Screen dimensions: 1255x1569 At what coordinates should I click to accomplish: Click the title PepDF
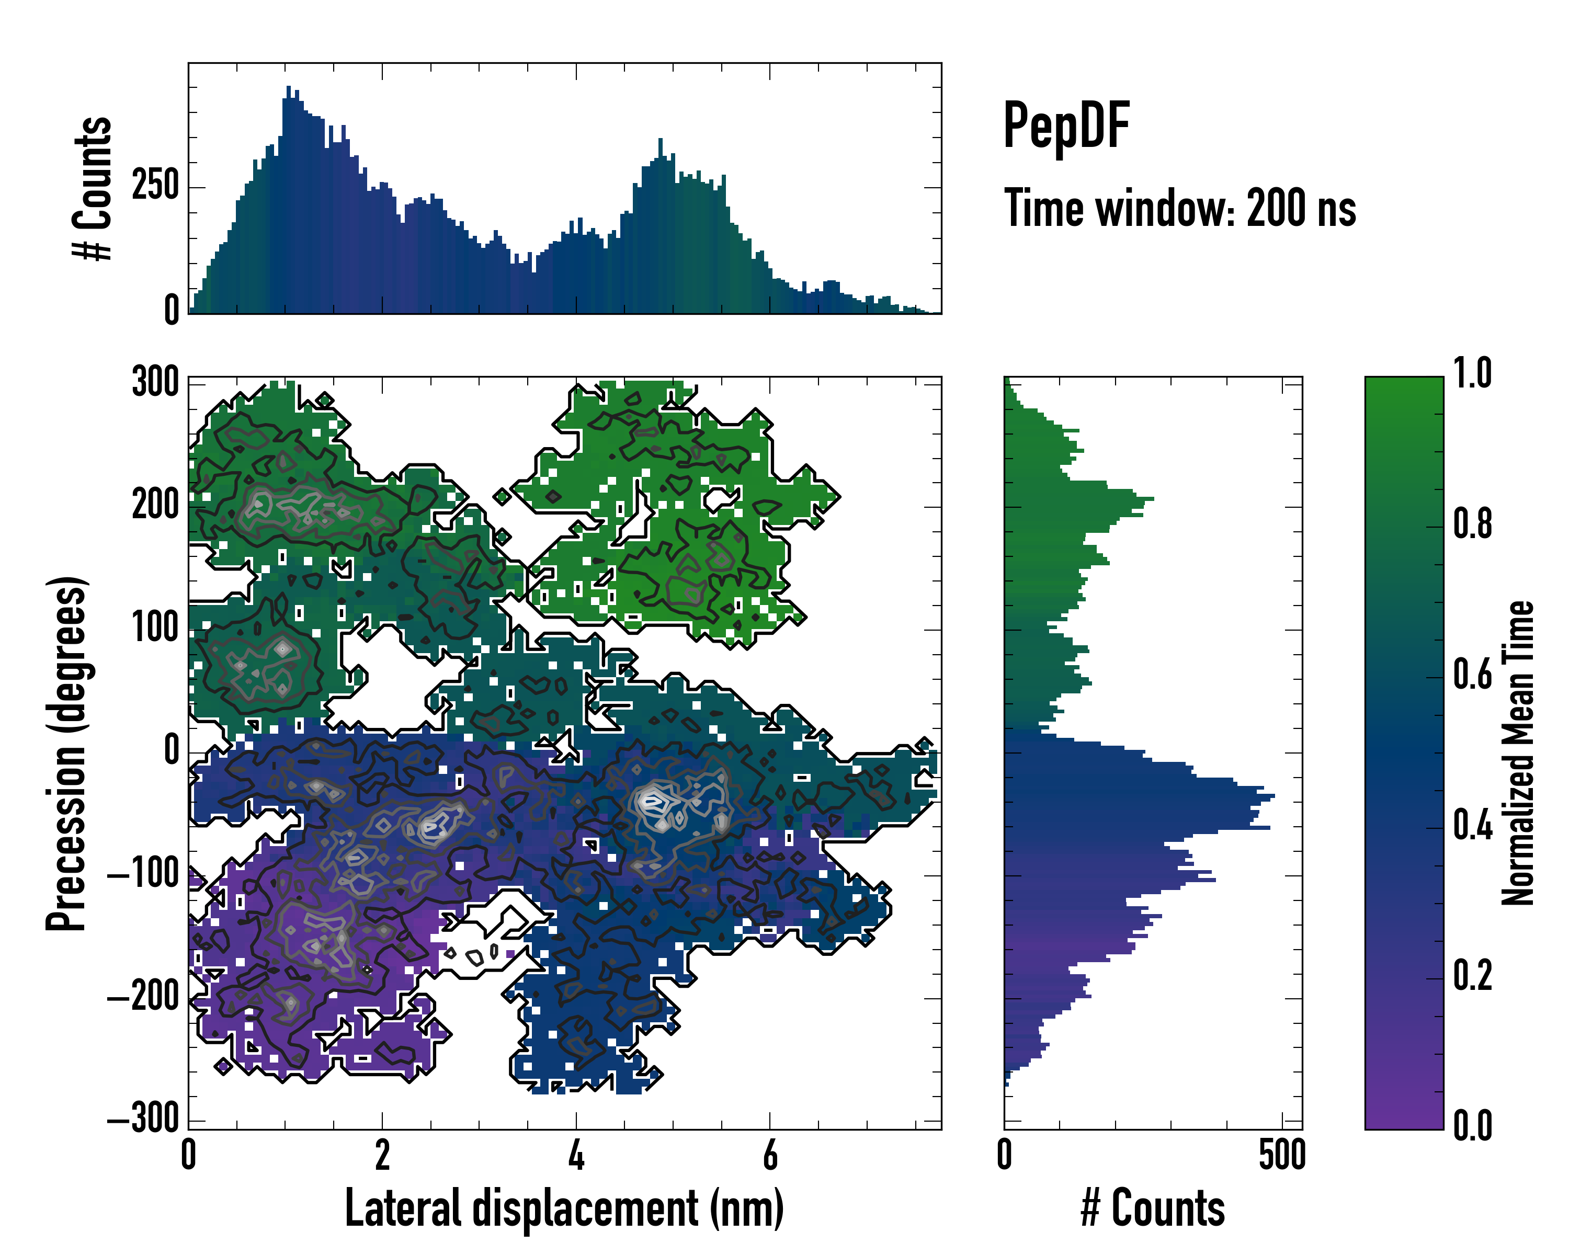(1065, 126)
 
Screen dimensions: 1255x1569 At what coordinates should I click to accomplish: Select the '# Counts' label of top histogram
(93, 188)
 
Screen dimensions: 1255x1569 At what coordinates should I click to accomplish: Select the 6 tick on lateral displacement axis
(770, 1155)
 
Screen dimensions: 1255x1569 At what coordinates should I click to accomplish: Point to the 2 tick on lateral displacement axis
(382, 1155)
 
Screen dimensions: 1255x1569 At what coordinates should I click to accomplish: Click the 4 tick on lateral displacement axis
(576, 1155)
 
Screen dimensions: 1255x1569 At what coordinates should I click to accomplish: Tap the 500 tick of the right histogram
(1281, 1155)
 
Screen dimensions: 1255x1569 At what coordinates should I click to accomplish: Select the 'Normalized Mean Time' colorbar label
(1518, 753)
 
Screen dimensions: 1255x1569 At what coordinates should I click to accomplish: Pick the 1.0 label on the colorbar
(1472, 374)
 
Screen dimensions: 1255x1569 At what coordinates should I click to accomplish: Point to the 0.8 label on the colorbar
(1472, 524)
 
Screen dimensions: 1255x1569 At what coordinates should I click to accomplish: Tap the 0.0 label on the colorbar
(1472, 1125)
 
